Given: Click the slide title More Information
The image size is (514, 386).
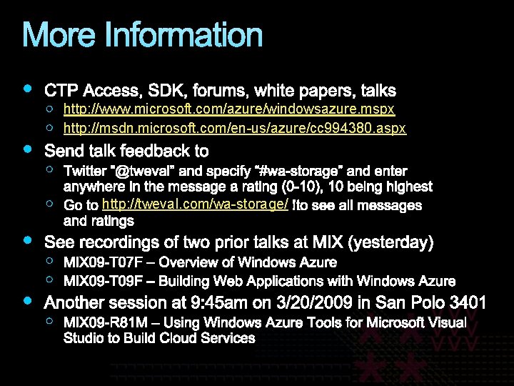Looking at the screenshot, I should [x=143, y=35].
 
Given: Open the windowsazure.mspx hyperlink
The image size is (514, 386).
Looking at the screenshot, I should [x=228, y=109].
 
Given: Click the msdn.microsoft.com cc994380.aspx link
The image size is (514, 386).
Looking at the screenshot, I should [x=234, y=129].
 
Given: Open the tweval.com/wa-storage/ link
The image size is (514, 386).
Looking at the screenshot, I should [x=195, y=205].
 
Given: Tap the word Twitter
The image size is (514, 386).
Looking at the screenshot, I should [x=84, y=172].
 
